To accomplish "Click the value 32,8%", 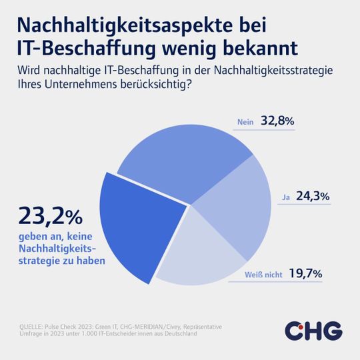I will coord(278,121).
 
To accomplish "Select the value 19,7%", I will coord(307,273).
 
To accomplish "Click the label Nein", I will coord(245,122).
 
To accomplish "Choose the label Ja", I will coord(285,197).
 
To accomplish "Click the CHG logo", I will coord(313,330).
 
